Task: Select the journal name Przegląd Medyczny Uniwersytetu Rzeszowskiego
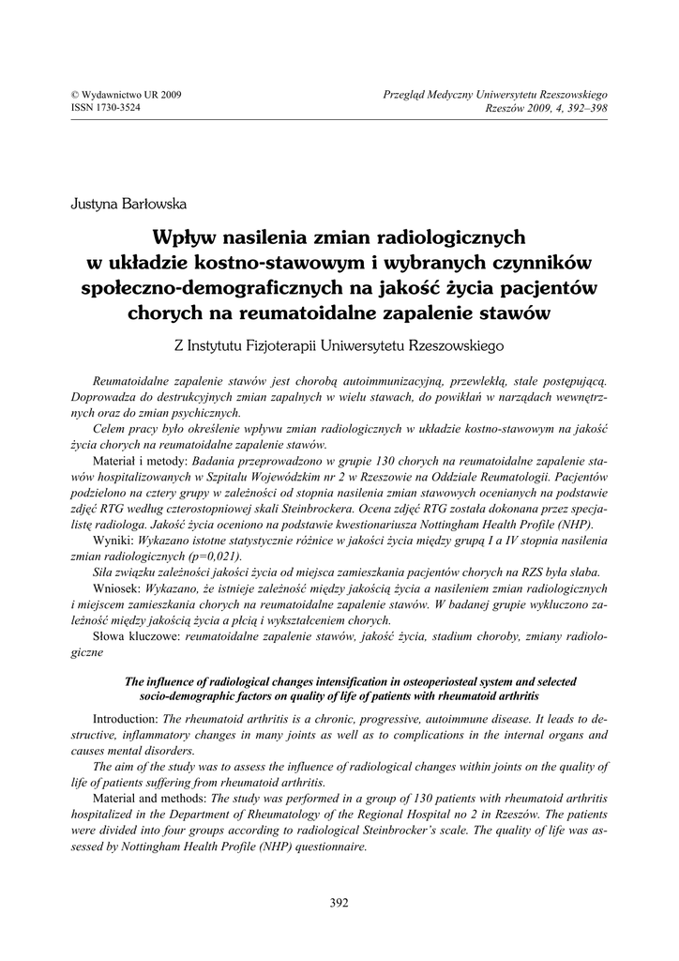[496, 95]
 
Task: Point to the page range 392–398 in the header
[585, 108]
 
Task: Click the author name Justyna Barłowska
[128, 202]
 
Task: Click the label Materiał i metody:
[142, 462]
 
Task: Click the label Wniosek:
[118, 587]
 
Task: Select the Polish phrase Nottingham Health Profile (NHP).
[520, 525]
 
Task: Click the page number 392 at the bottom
[339, 903]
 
